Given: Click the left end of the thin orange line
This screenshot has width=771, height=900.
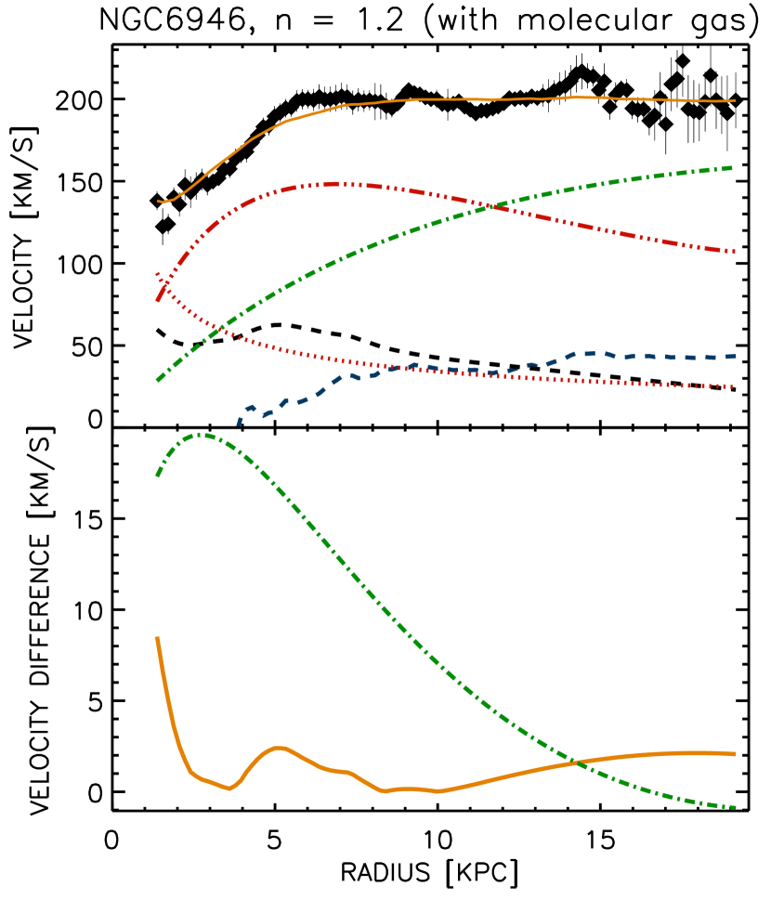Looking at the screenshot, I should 159,201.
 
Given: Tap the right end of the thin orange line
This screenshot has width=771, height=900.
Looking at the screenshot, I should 735,100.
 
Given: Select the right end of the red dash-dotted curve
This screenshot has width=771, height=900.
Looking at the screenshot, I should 735,252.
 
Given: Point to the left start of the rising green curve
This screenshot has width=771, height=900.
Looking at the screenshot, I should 157,381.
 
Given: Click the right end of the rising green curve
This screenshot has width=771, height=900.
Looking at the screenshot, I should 733,167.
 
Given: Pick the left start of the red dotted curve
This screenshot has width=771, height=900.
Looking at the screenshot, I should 157,273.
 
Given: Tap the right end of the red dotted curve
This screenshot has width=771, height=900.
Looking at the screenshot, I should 734,386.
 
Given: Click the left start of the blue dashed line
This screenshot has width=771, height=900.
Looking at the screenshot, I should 239,424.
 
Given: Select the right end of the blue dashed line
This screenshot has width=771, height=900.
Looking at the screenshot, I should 735,356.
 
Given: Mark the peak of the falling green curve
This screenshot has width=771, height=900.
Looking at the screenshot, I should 200,434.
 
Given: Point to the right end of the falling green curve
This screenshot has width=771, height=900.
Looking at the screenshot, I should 735,807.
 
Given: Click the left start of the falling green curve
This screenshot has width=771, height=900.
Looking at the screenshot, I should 157,476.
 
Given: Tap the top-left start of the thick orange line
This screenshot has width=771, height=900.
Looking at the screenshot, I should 157,638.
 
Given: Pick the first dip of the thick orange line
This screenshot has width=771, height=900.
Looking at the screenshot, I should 229,789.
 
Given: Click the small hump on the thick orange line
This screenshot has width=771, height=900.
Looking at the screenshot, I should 280,747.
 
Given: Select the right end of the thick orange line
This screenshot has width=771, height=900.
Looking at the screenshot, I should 735,754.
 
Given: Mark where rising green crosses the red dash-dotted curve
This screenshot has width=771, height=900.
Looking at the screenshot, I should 491,206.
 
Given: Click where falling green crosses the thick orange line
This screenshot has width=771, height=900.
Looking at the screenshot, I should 579,763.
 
